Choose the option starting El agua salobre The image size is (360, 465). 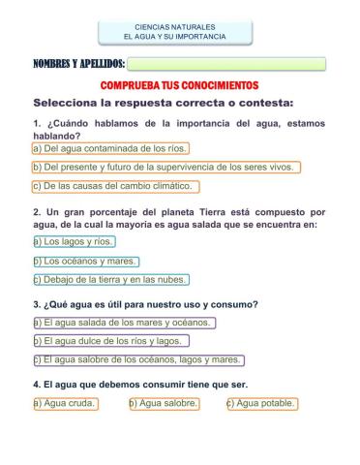(x=137, y=360)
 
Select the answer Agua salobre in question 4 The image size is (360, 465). (x=164, y=404)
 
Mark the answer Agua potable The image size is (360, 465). (x=262, y=404)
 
